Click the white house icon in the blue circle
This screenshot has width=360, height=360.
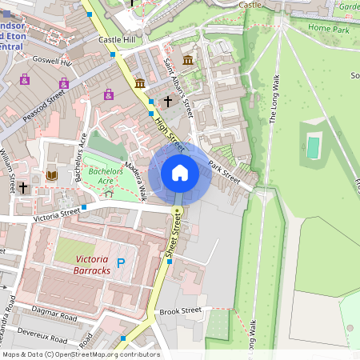[x=180, y=173]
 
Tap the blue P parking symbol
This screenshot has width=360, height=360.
[x=122, y=263]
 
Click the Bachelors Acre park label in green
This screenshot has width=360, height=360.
[x=101, y=176]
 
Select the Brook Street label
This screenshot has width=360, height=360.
[x=179, y=311]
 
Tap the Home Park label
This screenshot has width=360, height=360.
[x=330, y=28]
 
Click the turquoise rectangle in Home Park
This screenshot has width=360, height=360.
[x=313, y=147]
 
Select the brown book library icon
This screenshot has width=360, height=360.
[x=52, y=175]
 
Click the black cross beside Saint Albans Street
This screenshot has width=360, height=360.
[x=168, y=101]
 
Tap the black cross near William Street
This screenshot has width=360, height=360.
[x=24, y=188]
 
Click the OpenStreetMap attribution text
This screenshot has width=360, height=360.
[x=80, y=354]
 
